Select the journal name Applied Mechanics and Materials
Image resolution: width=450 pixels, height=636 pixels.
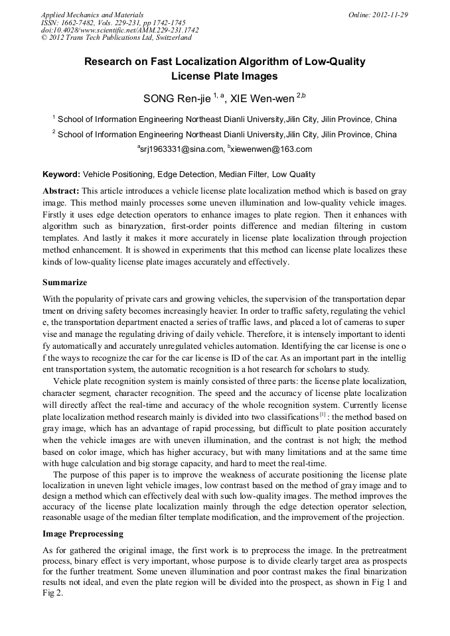pos(92,15)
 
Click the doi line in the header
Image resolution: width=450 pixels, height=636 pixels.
pos(119,31)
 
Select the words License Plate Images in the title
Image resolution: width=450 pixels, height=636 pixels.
pos(224,76)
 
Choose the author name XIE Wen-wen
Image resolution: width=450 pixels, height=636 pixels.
pos(262,99)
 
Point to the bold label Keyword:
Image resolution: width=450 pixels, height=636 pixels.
pos(61,175)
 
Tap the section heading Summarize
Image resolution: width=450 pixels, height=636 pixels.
pos(64,283)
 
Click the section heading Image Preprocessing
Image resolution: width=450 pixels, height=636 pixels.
pos(83,534)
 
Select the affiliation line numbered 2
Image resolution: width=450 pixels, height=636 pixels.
pos(224,135)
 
